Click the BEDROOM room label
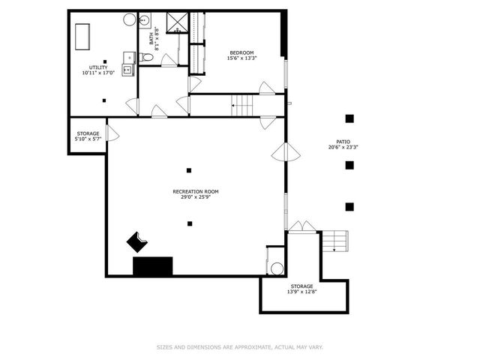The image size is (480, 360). click(x=241, y=52)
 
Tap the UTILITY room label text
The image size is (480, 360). click(x=98, y=67)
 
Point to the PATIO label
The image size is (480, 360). click(x=343, y=142)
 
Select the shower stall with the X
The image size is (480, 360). click(x=177, y=22)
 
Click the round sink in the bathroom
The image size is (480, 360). click(x=145, y=19)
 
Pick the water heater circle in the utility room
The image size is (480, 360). click(x=129, y=19)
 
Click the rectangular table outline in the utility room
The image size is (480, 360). click(x=82, y=35)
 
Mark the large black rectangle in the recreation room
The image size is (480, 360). click(x=153, y=266)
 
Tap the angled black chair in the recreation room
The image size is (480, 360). click(x=138, y=242)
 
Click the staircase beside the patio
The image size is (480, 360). click(x=335, y=241)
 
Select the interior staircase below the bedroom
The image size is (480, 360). click(x=242, y=106)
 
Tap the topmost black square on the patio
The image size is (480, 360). click(x=349, y=118)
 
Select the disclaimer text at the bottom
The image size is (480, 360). click(x=240, y=347)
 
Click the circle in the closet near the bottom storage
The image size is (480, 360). click(x=276, y=269)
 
